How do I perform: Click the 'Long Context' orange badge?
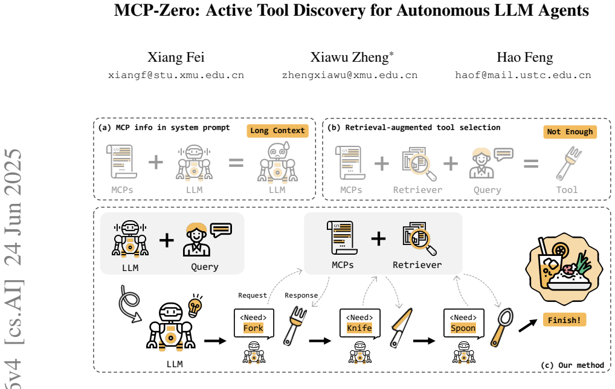point(278,131)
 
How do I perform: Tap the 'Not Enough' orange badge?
point(570,132)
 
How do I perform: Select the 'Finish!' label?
point(564,320)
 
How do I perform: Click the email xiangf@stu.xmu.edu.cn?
point(176,75)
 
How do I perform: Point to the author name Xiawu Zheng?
point(349,57)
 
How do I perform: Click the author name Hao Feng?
point(525,57)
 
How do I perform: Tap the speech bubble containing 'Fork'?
point(254,324)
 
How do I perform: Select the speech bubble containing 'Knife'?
point(359,324)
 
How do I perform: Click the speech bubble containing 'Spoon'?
point(463,324)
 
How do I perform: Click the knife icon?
point(401,328)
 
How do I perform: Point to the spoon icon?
point(501,327)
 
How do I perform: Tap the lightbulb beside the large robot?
point(195,305)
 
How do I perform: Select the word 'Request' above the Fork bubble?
point(252,295)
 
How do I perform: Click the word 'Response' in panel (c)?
point(301,295)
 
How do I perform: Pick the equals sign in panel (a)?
point(236,163)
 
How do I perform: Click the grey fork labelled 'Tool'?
point(568,163)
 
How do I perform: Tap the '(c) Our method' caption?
point(572,365)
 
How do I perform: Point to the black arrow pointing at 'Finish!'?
point(528,325)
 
